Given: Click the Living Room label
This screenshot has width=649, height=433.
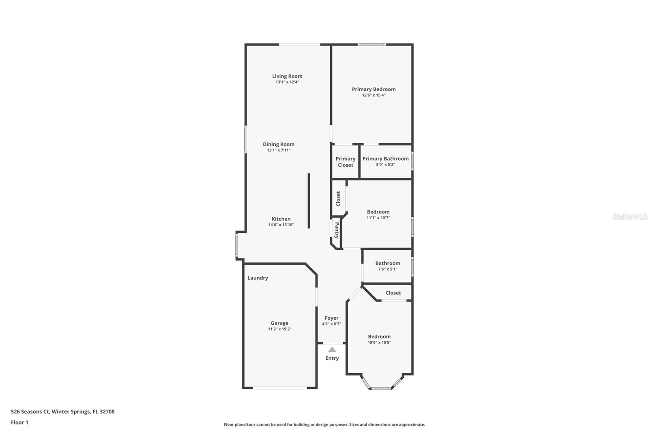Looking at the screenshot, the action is pos(287,76).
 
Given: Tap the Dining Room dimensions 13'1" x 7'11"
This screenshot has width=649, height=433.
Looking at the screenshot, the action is pos(279,150).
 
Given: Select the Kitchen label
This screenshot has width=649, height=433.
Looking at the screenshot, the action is pos(281,219).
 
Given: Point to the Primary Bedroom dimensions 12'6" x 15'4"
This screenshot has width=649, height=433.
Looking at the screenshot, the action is pos(374,95).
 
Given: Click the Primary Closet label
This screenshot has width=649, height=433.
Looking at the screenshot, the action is pos(345,162).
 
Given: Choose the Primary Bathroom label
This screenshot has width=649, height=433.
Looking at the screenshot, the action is pos(386,158).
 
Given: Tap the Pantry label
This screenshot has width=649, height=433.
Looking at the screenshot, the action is pos(337,230).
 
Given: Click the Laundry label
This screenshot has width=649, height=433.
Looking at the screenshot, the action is pos(258,278).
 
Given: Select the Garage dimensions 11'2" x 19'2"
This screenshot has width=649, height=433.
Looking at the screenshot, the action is pos(279,329).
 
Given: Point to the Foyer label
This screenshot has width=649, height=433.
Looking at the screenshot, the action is pos(331,318).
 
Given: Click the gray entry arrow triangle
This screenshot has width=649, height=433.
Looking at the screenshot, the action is pos(332,349).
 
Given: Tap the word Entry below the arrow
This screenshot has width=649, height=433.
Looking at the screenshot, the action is pos(332,358).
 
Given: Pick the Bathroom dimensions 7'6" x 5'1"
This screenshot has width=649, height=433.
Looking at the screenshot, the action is pos(388,269).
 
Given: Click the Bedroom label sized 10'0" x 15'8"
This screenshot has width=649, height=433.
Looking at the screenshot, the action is pos(379,336).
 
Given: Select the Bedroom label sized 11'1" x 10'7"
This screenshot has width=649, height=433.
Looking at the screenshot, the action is pos(378,212).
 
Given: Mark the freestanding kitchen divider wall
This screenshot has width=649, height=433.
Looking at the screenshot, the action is pos(309,201).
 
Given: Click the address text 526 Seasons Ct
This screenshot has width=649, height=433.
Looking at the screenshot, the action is pos(30,411).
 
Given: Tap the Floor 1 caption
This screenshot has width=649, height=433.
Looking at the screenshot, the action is pos(19,422).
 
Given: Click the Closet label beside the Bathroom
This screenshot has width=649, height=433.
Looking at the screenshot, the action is pos(393,293).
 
